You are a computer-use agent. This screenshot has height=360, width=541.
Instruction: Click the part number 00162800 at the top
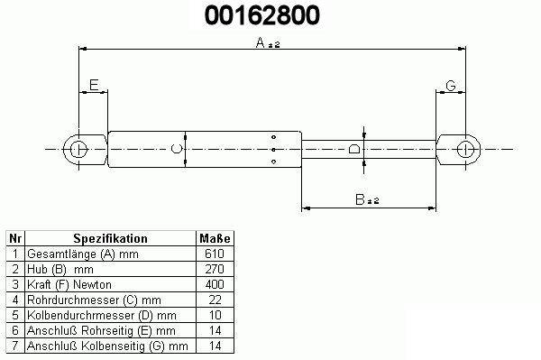point(262,15)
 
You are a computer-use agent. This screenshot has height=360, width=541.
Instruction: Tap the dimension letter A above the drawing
point(261,42)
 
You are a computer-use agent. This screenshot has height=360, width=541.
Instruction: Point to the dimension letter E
point(94,85)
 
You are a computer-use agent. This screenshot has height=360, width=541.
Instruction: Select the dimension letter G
point(451,86)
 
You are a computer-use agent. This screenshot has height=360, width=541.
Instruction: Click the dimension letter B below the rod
point(360,199)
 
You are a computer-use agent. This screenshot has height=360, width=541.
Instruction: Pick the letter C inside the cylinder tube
point(177,149)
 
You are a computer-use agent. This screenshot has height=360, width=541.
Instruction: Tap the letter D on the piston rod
point(354,149)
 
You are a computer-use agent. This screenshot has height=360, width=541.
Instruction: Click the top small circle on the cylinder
point(273,137)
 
